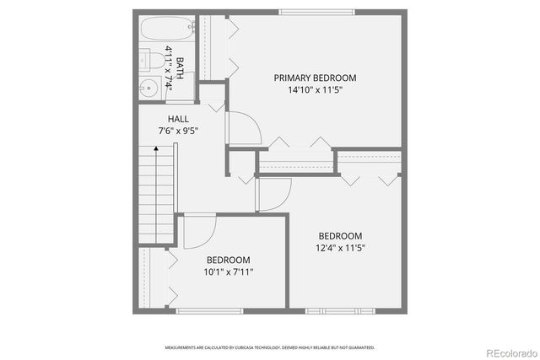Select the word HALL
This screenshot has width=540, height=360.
178,119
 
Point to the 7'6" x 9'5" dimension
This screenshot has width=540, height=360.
178,131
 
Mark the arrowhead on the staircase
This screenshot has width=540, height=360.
156,149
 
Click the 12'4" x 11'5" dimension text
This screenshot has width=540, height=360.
340,248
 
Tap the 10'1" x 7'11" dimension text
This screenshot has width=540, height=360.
229,271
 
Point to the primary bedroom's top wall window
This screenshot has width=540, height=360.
317,12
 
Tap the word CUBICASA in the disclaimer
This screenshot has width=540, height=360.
248,347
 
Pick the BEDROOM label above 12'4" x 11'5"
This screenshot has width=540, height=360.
340,236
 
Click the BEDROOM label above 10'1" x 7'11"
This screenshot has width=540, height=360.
229,260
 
